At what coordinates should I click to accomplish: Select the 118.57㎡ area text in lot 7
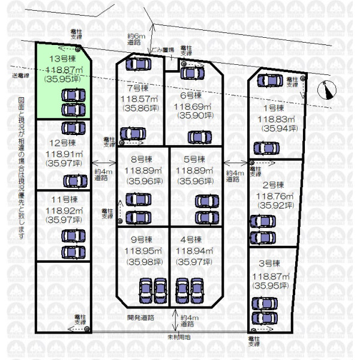tap(139, 99)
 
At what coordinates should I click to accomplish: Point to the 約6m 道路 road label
tap(134, 39)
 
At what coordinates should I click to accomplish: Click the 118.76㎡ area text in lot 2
tap(274, 196)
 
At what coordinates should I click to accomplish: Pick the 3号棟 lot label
tap(267, 263)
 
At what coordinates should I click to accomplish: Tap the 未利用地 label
tap(178, 337)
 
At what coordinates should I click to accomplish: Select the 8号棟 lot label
tap(142, 159)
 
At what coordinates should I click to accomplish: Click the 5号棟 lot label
tap(194, 159)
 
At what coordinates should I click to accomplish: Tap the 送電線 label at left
tap(21, 76)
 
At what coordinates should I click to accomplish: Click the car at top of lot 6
tap(191, 73)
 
